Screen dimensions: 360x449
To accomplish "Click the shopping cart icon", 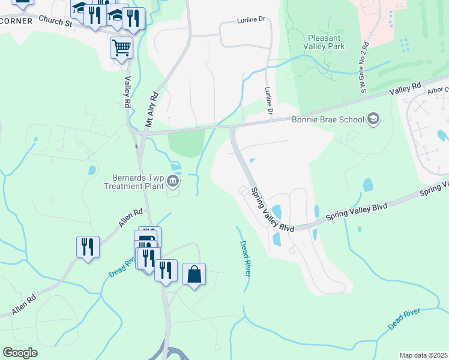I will click(121, 47).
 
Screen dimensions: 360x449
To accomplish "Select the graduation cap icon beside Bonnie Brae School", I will click(373, 119).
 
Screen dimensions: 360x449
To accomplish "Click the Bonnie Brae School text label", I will click(328, 119).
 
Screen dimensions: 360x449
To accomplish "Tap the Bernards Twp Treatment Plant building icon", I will click(172, 180).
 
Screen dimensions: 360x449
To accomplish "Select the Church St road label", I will click(55, 21).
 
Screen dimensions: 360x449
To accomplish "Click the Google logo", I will click(20, 353).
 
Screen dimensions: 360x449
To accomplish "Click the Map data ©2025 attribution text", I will click(423, 355).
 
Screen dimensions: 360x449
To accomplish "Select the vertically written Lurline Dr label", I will click(269, 101).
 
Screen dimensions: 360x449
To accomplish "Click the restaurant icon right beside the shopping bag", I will click(165, 270).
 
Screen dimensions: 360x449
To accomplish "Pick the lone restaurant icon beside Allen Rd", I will click(88, 247).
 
